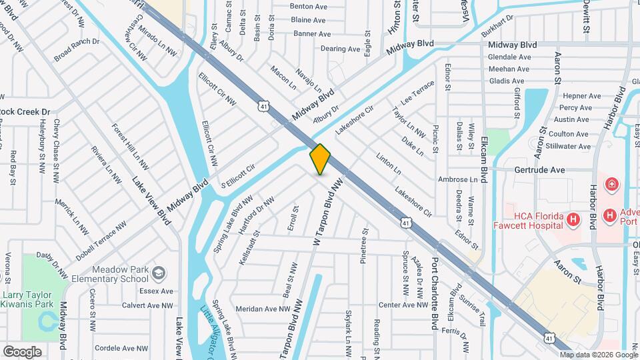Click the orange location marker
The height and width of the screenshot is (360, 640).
click(x=321, y=159)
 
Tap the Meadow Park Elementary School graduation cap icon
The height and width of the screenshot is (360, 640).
click(x=158, y=273)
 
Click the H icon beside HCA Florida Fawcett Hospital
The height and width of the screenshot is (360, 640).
click(x=572, y=219)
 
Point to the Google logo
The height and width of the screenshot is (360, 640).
click(x=22, y=351)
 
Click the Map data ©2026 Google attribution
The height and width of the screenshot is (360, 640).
click(x=598, y=355)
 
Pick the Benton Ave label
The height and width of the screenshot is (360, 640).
click(x=308, y=6)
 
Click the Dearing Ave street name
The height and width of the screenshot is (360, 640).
click(x=340, y=49)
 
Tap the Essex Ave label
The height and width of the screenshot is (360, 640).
click(x=156, y=291)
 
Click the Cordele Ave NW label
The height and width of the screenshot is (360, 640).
click(x=121, y=348)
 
